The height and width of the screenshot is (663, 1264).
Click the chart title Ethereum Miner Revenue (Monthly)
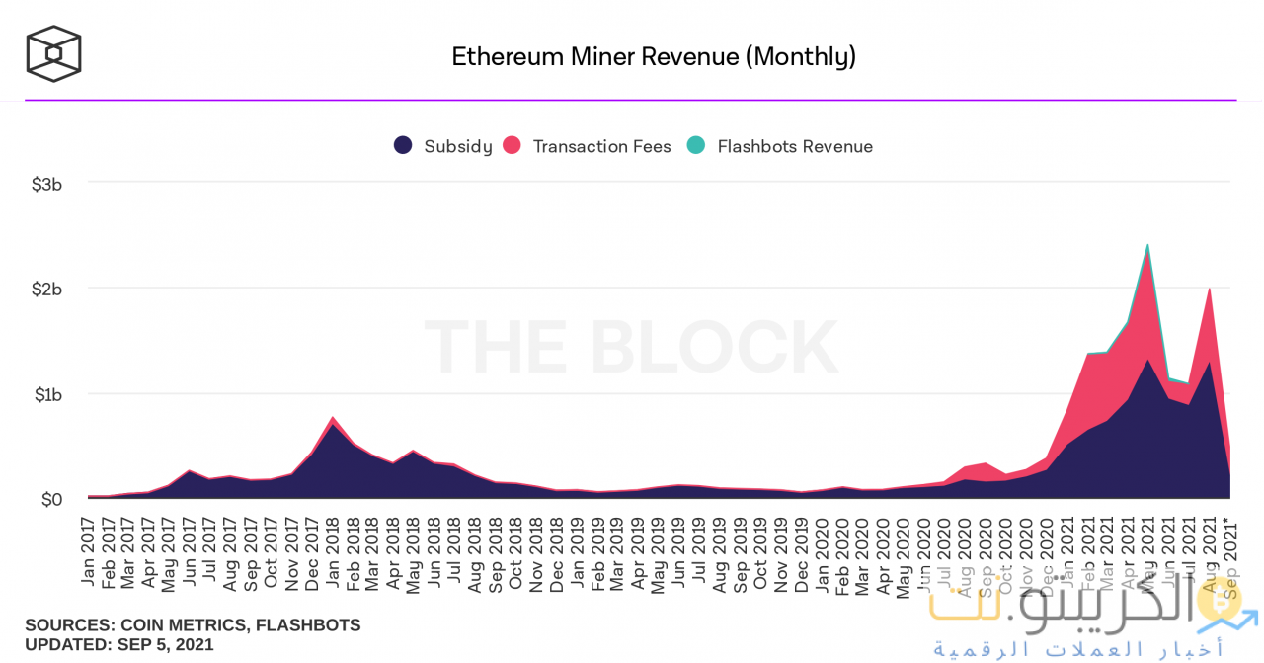pos(653,56)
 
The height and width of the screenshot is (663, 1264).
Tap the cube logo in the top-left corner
pos(53,53)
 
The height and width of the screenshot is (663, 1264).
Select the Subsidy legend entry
pos(443,146)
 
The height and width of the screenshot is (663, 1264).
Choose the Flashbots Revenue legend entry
pos(780,146)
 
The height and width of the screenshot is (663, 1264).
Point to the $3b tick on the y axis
pos(47,184)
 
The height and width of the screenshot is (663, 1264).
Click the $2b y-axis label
pos(47,289)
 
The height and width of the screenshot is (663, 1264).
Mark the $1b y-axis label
pos(47,394)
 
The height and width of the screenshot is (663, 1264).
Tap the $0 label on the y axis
pos(52,500)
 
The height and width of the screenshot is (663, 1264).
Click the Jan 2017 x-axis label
pos(89,551)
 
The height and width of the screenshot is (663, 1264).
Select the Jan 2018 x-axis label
pos(333,551)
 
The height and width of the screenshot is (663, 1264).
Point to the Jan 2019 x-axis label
pos(578,551)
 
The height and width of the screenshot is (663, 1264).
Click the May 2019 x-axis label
pos(659,551)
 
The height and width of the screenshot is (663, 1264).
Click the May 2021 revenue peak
pos(1147,245)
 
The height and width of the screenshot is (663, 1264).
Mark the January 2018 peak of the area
pos(333,418)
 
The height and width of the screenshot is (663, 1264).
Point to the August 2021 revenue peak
pos(1209,289)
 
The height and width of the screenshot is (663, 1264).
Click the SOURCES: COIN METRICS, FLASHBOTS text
pos(193,625)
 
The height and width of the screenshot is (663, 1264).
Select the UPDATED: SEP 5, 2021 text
pos(119,644)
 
